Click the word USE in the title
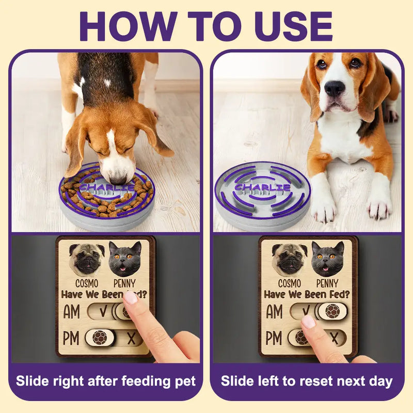point(293,26)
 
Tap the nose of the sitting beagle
point(335,88)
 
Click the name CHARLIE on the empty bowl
point(262,187)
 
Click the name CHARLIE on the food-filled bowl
point(106,187)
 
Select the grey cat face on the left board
point(125,259)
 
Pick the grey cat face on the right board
point(328,259)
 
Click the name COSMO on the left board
point(87,283)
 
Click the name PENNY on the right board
point(327,283)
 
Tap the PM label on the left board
point(71,338)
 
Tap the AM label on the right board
point(274,311)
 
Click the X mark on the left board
point(131,338)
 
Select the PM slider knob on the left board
point(100,338)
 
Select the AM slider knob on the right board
point(332,311)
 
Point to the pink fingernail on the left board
point(131,297)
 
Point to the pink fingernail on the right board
point(308,322)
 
